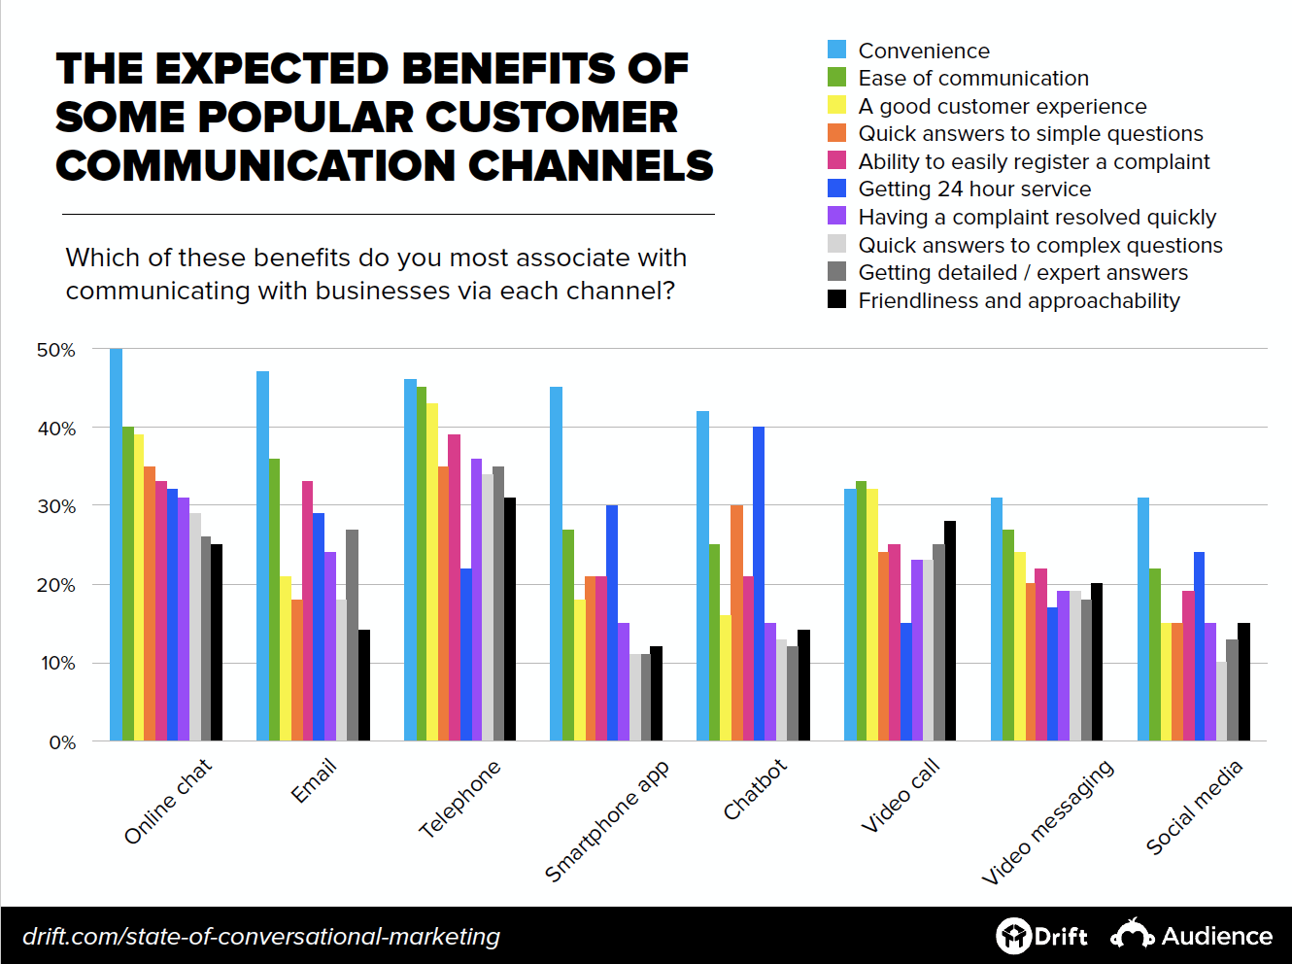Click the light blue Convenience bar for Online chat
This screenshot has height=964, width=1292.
[x=116, y=544]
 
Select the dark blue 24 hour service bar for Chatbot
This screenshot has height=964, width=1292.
[x=759, y=583]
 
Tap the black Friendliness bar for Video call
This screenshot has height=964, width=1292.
[x=950, y=631]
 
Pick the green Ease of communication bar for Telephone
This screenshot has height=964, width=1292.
[x=422, y=564]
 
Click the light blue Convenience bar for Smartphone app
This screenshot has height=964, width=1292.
[x=556, y=564]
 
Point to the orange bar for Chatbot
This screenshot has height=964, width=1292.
[x=736, y=623]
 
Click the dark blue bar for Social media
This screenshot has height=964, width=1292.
[x=1199, y=646]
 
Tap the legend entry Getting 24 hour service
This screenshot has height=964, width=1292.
[x=973, y=189]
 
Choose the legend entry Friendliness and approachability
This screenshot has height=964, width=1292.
[x=1018, y=300]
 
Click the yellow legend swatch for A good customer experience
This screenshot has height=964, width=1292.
[x=836, y=105]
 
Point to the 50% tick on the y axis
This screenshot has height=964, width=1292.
[x=55, y=350]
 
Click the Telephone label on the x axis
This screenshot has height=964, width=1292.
[x=459, y=799]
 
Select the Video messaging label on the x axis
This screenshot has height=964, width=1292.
[x=1047, y=822]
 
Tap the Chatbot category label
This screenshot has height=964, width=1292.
[x=755, y=789]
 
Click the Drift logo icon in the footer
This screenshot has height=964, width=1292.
[x=1013, y=936]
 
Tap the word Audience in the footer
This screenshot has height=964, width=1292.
[x=1216, y=936]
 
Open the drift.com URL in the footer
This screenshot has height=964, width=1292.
[x=260, y=936]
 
